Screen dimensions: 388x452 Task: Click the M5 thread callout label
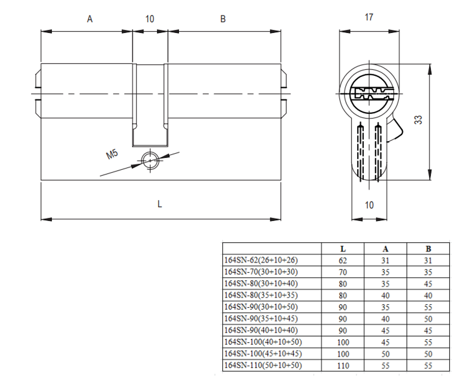click(112, 154)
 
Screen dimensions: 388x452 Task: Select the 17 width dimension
click(369, 17)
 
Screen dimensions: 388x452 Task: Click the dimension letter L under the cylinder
click(160, 204)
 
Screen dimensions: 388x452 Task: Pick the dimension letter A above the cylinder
click(89, 19)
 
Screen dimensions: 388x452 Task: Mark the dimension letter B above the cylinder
click(222, 19)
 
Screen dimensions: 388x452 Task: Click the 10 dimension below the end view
click(369, 205)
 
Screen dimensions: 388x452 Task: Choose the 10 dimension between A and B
click(150, 19)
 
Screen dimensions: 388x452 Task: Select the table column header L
click(343, 249)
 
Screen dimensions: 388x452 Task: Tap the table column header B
click(428, 249)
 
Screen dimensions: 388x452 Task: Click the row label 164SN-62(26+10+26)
click(261, 260)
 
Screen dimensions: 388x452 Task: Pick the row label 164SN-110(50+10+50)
click(263, 365)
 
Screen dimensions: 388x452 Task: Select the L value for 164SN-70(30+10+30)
click(343, 272)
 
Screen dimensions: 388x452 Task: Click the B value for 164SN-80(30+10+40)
click(428, 284)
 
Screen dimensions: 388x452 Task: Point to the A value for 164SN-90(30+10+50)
click(386, 307)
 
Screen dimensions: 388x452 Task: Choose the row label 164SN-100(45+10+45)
click(263, 353)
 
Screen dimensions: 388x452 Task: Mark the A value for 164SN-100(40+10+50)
click(386, 342)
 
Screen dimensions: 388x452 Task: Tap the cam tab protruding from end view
click(396, 127)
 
